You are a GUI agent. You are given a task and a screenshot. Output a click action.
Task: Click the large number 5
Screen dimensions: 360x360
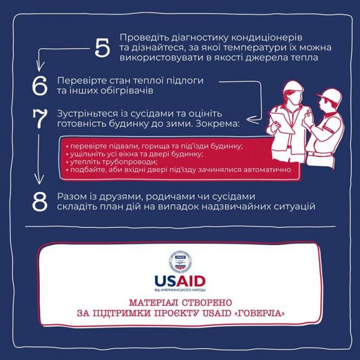[x=102, y=48]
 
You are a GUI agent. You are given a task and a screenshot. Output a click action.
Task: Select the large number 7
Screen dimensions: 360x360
[x=41, y=120]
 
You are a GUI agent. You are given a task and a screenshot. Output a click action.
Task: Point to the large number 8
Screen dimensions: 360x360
[x=41, y=201]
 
